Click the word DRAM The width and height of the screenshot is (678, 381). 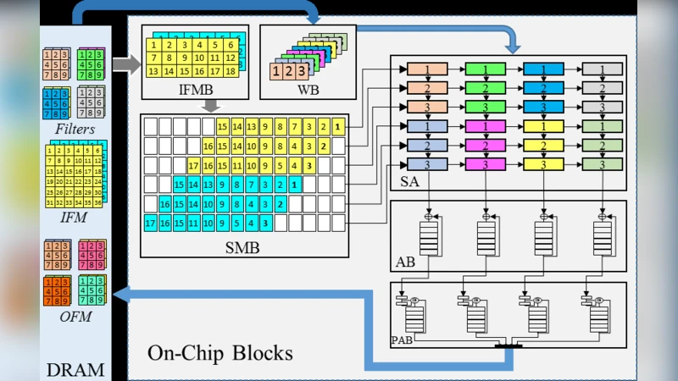tap(75, 369)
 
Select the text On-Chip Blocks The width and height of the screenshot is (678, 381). tap(220, 351)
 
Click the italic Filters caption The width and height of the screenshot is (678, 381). tap(75, 130)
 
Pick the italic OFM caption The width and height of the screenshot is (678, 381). tap(75, 317)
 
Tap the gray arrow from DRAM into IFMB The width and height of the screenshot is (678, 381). tap(126, 63)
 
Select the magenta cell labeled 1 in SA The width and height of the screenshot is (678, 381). tap(486, 126)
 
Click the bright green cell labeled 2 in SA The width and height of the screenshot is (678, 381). tap(486, 88)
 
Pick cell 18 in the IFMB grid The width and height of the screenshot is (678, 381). tap(229, 71)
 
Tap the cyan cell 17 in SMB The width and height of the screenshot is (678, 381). tap(151, 224)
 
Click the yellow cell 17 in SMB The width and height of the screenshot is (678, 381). tap(193, 164)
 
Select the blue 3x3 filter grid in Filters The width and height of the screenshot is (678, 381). tap(57, 103)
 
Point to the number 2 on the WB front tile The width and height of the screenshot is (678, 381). tap(291, 72)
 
